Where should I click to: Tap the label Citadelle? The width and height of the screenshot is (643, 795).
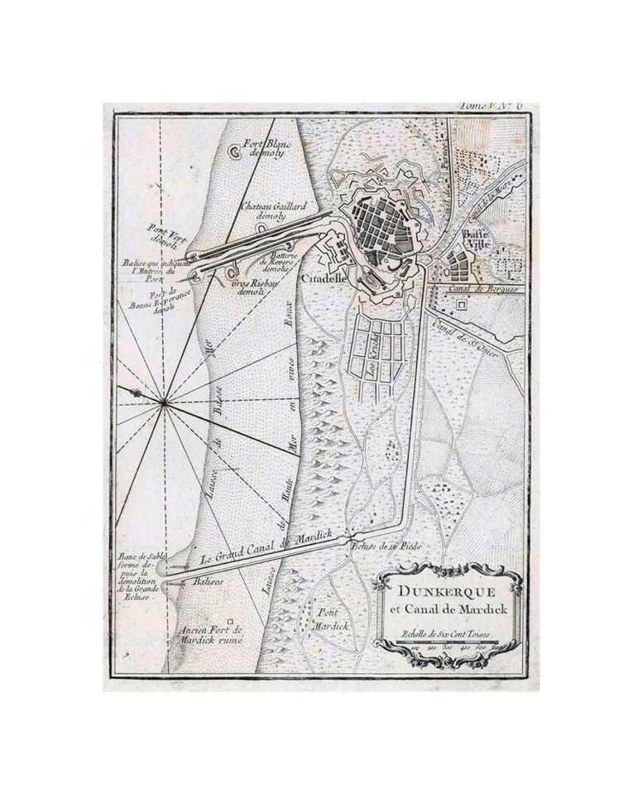pyautogui.click(x=321, y=280)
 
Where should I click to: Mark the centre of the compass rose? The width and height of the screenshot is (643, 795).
pyautogui.click(x=165, y=403)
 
